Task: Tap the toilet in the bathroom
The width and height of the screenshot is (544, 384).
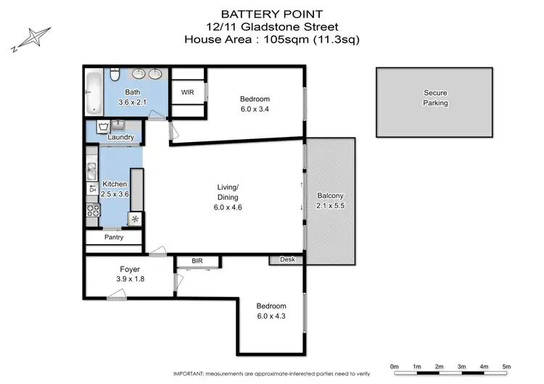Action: click(115, 75)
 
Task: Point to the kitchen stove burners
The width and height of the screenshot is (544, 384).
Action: click(93, 210)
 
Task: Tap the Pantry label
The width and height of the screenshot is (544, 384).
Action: click(114, 237)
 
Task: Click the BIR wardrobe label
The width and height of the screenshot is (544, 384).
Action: click(197, 260)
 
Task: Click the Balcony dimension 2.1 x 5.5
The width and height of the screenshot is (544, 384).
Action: click(330, 206)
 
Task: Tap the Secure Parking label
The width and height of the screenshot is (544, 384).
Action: click(435, 98)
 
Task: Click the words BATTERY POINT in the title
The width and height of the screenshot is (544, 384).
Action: click(271, 14)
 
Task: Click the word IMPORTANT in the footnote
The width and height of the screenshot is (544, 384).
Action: click(192, 373)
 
